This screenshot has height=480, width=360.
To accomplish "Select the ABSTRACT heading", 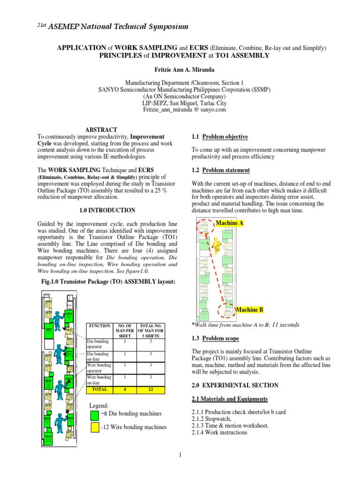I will click(x=101, y=129).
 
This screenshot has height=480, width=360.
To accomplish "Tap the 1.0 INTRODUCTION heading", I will click(x=107, y=210).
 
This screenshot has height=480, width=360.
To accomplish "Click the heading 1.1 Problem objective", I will click(x=220, y=136).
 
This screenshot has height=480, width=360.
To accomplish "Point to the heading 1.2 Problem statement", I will click(x=221, y=170).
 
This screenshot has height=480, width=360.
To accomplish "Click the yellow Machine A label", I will click(x=229, y=224).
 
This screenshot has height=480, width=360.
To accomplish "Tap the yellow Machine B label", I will click(x=249, y=310).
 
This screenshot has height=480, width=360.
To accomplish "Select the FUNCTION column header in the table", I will click(x=99, y=325).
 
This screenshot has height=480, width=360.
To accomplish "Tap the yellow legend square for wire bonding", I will click(x=94, y=427).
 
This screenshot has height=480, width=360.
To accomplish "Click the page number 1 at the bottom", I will click(x=180, y=454).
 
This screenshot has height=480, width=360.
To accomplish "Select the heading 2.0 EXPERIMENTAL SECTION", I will click(x=235, y=385).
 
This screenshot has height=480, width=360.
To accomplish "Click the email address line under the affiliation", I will click(x=184, y=109).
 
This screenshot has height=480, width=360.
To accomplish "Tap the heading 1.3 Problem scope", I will click(x=216, y=338).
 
